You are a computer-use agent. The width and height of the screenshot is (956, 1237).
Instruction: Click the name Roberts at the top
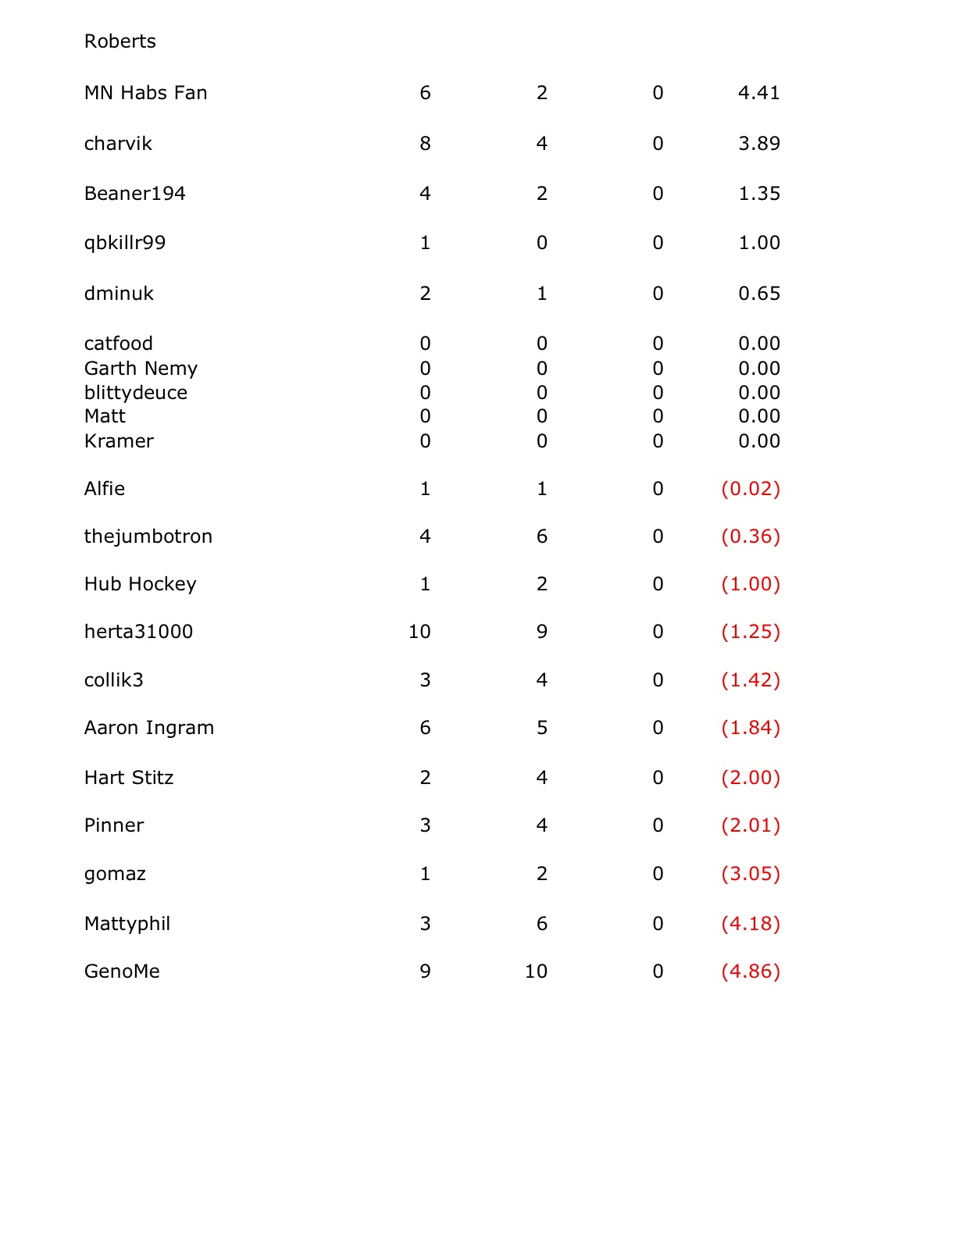pyautogui.click(x=119, y=41)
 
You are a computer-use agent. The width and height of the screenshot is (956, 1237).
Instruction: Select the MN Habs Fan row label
pyautogui.click(x=145, y=93)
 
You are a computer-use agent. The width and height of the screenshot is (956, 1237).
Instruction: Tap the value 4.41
pyautogui.click(x=758, y=93)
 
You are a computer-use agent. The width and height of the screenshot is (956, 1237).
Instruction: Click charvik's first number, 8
pyautogui.click(x=425, y=144)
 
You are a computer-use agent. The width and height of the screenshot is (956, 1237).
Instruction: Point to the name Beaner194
pyautogui.click(x=134, y=194)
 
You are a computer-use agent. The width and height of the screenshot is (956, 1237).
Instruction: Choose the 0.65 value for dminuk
pyautogui.click(x=758, y=294)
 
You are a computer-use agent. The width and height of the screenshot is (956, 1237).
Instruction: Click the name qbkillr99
pyautogui.click(x=125, y=243)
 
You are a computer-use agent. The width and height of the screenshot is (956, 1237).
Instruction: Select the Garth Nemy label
pyautogui.click(x=141, y=369)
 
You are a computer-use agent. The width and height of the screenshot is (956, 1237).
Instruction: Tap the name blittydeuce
pyautogui.click(x=136, y=393)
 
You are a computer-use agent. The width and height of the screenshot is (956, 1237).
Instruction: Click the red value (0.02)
pyautogui.click(x=750, y=489)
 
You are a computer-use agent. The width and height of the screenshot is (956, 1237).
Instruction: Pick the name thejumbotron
pyautogui.click(x=148, y=537)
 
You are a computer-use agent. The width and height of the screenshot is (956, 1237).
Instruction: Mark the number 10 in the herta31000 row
pyautogui.click(x=419, y=632)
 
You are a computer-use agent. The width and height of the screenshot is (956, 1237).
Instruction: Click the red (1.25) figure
pyautogui.click(x=750, y=632)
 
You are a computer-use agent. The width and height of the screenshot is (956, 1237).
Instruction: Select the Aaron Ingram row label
pyautogui.click(x=149, y=728)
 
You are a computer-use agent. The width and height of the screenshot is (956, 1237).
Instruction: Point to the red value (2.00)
pyautogui.click(x=750, y=778)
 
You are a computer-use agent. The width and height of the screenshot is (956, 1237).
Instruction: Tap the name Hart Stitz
pyautogui.click(x=129, y=778)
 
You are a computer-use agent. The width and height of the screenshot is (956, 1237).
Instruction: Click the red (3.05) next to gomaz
pyautogui.click(x=750, y=874)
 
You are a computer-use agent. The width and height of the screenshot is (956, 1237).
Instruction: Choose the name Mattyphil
pyautogui.click(x=127, y=924)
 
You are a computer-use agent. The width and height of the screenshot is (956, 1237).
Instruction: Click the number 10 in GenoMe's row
pyautogui.click(x=536, y=971)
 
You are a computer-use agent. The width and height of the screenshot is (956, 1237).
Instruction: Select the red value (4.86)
pyautogui.click(x=750, y=971)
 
